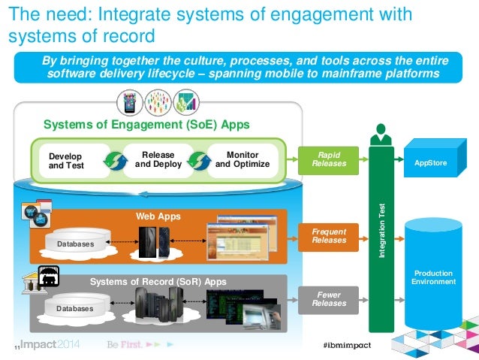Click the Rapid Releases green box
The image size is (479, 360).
pyautogui.click(x=329, y=159)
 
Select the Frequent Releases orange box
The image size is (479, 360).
pyautogui.click(x=329, y=235)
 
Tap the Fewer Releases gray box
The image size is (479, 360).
pyautogui.click(x=329, y=298)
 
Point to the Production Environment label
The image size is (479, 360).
pyautogui.click(x=433, y=277)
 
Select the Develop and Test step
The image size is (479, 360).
pyautogui.click(x=66, y=161)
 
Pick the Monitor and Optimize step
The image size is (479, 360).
pyautogui.click(x=242, y=160)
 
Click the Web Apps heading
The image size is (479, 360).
pyautogui.click(x=158, y=216)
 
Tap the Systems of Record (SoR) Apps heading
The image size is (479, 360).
pyautogui.click(x=158, y=282)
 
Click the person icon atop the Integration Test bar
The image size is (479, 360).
pyautogui.click(x=381, y=134)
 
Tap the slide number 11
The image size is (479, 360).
pyautogui.click(x=16, y=347)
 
